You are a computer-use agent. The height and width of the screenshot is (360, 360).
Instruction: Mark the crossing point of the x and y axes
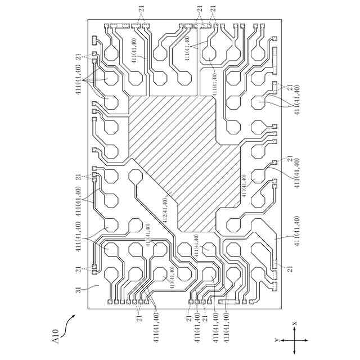coord(294,341)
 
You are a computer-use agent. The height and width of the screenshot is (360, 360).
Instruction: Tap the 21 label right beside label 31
coord(78,269)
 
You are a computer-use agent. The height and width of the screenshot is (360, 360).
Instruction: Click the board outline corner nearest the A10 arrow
coord(88,309)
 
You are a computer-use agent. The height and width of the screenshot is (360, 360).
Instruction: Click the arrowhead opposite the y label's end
coord(307,341)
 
